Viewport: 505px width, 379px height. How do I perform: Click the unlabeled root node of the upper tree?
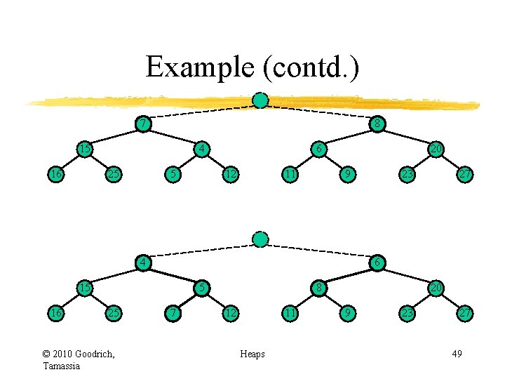coord(260,100)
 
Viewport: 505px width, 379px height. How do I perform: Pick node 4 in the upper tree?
coord(201,149)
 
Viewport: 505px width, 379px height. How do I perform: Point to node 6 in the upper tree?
coord(318,149)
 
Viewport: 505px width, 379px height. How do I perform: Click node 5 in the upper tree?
coord(171,173)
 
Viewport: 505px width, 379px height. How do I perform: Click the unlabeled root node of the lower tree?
coord(260,239)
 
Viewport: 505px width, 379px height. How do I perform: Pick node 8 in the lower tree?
coord(318,288)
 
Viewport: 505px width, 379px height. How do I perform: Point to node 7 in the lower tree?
coord(171,312)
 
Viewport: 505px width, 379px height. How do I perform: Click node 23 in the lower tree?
coord(406,312)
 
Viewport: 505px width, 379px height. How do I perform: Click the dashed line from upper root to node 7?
coord(202,112)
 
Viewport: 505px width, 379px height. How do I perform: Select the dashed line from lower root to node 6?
coord(319,251)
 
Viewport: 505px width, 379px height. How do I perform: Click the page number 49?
coord(457,354)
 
